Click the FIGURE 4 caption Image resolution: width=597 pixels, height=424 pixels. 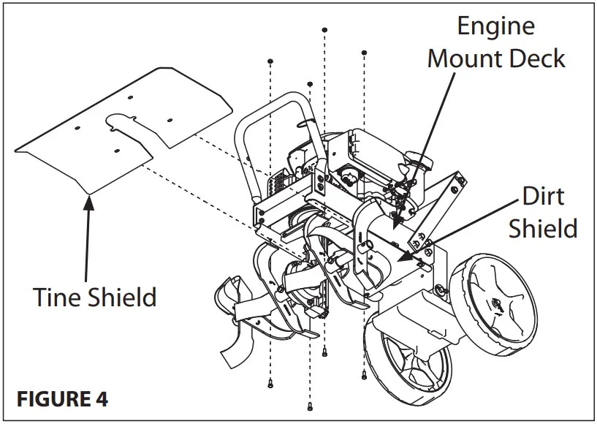[62, 400]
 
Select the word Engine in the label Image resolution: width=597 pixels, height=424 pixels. [496, 26]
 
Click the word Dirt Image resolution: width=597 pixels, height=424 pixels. [544, 196]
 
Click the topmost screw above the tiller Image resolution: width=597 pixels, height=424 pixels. [324, 30]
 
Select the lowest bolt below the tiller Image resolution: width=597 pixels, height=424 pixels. [311, 406]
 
